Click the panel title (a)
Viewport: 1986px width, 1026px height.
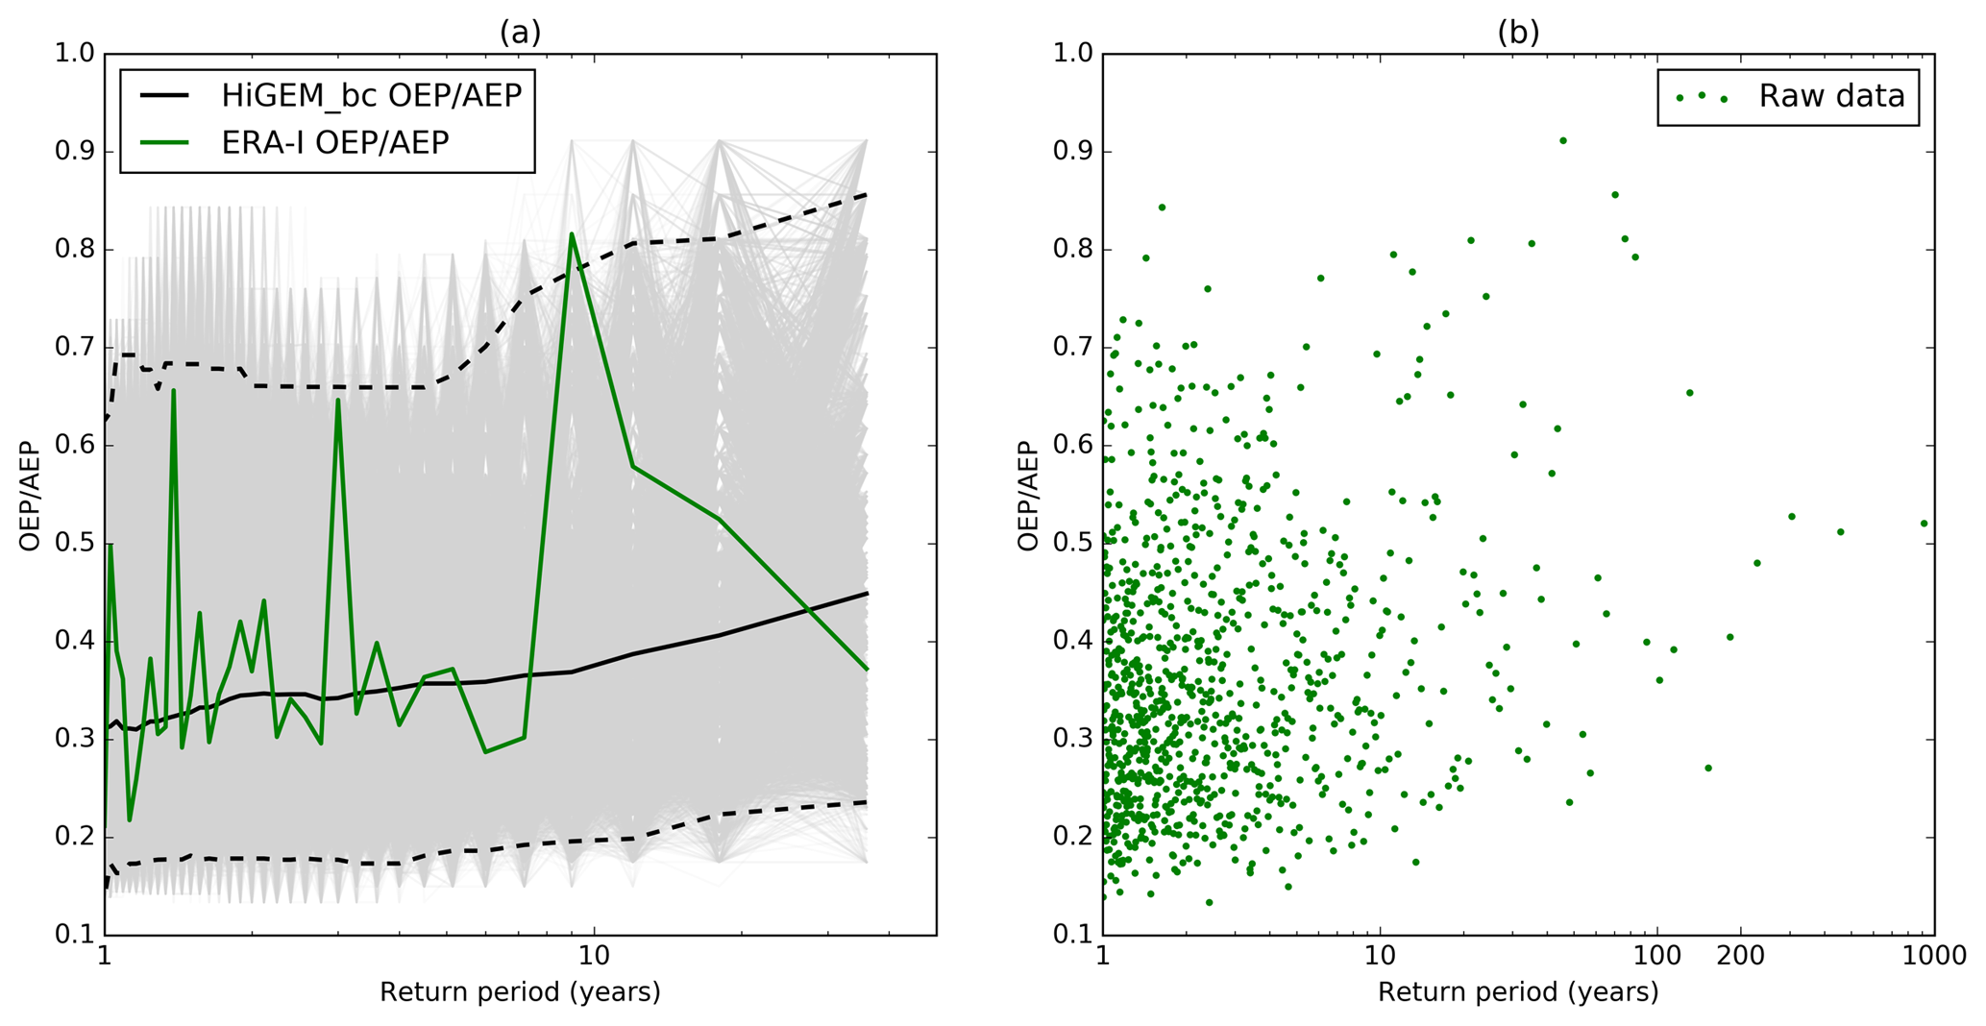520,33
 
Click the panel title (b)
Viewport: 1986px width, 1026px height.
1518,33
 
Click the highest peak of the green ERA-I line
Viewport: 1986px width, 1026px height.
572,233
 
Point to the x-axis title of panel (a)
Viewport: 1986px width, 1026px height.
520,991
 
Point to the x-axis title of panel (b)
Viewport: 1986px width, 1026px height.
1518,991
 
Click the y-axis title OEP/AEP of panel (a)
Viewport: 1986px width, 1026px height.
31,496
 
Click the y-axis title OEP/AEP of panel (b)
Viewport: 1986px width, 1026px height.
1029,496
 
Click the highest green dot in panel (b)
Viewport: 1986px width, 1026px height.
1563,141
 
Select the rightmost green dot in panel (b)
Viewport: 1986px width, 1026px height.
1924,524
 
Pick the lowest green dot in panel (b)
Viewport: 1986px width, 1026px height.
1209,902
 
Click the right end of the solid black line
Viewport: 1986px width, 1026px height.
867,594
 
